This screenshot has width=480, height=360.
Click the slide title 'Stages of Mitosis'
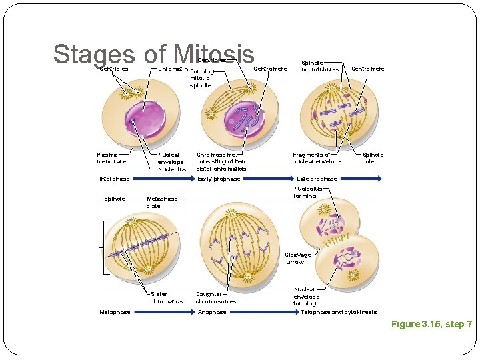[x=153, y=54]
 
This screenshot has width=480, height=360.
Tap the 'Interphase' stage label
[x=115, y=179]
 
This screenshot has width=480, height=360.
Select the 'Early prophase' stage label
[x=219, y=179]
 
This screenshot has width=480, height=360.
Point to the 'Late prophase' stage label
[x=317, y=179]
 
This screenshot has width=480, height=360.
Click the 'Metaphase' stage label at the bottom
[x=115, y=312]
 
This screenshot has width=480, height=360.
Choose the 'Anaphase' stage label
[x=213, y=312]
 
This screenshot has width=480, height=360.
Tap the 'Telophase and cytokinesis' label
[x=339, y=312]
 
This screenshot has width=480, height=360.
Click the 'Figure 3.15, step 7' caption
[x=431, y=324]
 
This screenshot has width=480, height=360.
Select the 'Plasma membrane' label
[x=111, y=158]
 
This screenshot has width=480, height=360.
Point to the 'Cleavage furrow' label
[x=298, y=258]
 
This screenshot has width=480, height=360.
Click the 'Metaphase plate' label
[x=162, y=202]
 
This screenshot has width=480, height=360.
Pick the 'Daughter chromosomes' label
[x=215, y=297]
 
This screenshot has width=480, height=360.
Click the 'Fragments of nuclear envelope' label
[x=317, y=158]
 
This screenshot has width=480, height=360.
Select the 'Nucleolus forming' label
[x=307, y=192]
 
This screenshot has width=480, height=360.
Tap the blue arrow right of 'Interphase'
[x=163, y=179]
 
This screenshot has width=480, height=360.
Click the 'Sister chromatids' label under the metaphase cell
[x=166, y=297]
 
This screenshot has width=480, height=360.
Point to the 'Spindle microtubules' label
[x=320, y=65]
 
